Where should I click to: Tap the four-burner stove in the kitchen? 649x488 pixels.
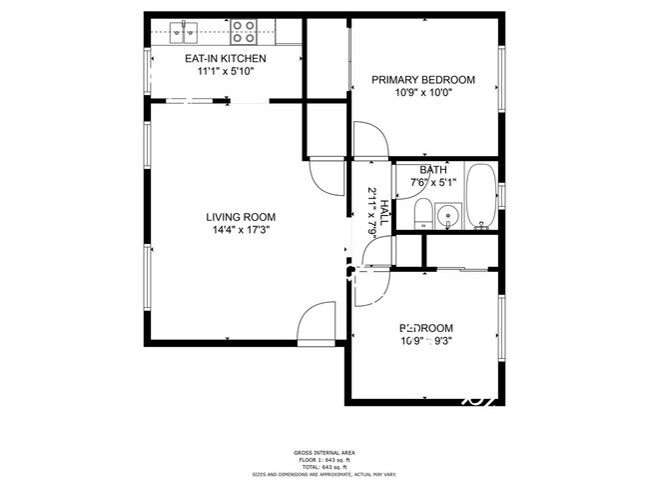coord(244,34)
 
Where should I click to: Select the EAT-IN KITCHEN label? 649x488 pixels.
coord(225,59)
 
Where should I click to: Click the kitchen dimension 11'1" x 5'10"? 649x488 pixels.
coord(225,72)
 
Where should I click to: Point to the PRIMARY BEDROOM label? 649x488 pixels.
coord(423,80)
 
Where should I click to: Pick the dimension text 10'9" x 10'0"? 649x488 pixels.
coord(423,93)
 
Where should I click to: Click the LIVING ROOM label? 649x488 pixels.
coord(241,217)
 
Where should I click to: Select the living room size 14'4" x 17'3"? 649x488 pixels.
coord(241,230)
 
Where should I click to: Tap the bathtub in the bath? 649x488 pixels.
coord(481,195)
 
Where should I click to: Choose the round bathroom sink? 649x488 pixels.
coord(448,214)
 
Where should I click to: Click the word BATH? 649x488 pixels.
coord(433,170)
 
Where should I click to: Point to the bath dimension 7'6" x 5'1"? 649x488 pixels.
coord(433,182)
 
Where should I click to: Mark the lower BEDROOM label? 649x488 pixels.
coord(427,328)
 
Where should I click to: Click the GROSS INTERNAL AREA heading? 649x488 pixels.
coord(324,453)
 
